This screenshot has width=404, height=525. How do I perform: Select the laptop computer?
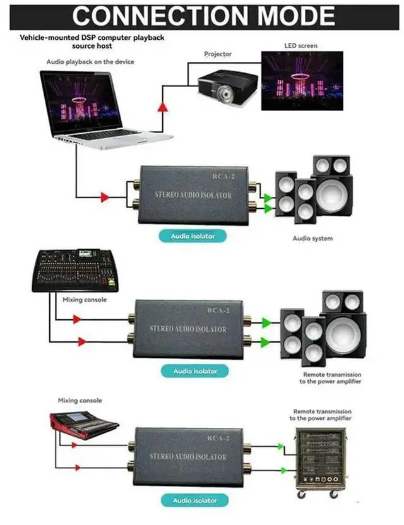point(101,107)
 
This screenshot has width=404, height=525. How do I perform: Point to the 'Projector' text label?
point(218,54)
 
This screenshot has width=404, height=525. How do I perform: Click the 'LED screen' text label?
point(300,46)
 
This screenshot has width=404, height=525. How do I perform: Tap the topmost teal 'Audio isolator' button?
point(193,237)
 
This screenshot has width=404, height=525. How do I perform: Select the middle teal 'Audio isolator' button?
point(195,371)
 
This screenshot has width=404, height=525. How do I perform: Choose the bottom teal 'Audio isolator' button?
point(195,500)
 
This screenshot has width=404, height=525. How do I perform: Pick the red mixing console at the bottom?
point(83,425)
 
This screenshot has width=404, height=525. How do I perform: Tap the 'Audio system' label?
point(312,239)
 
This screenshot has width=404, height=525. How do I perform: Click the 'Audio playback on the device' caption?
point(90,61)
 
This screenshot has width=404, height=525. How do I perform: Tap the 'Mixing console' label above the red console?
point(80,401)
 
